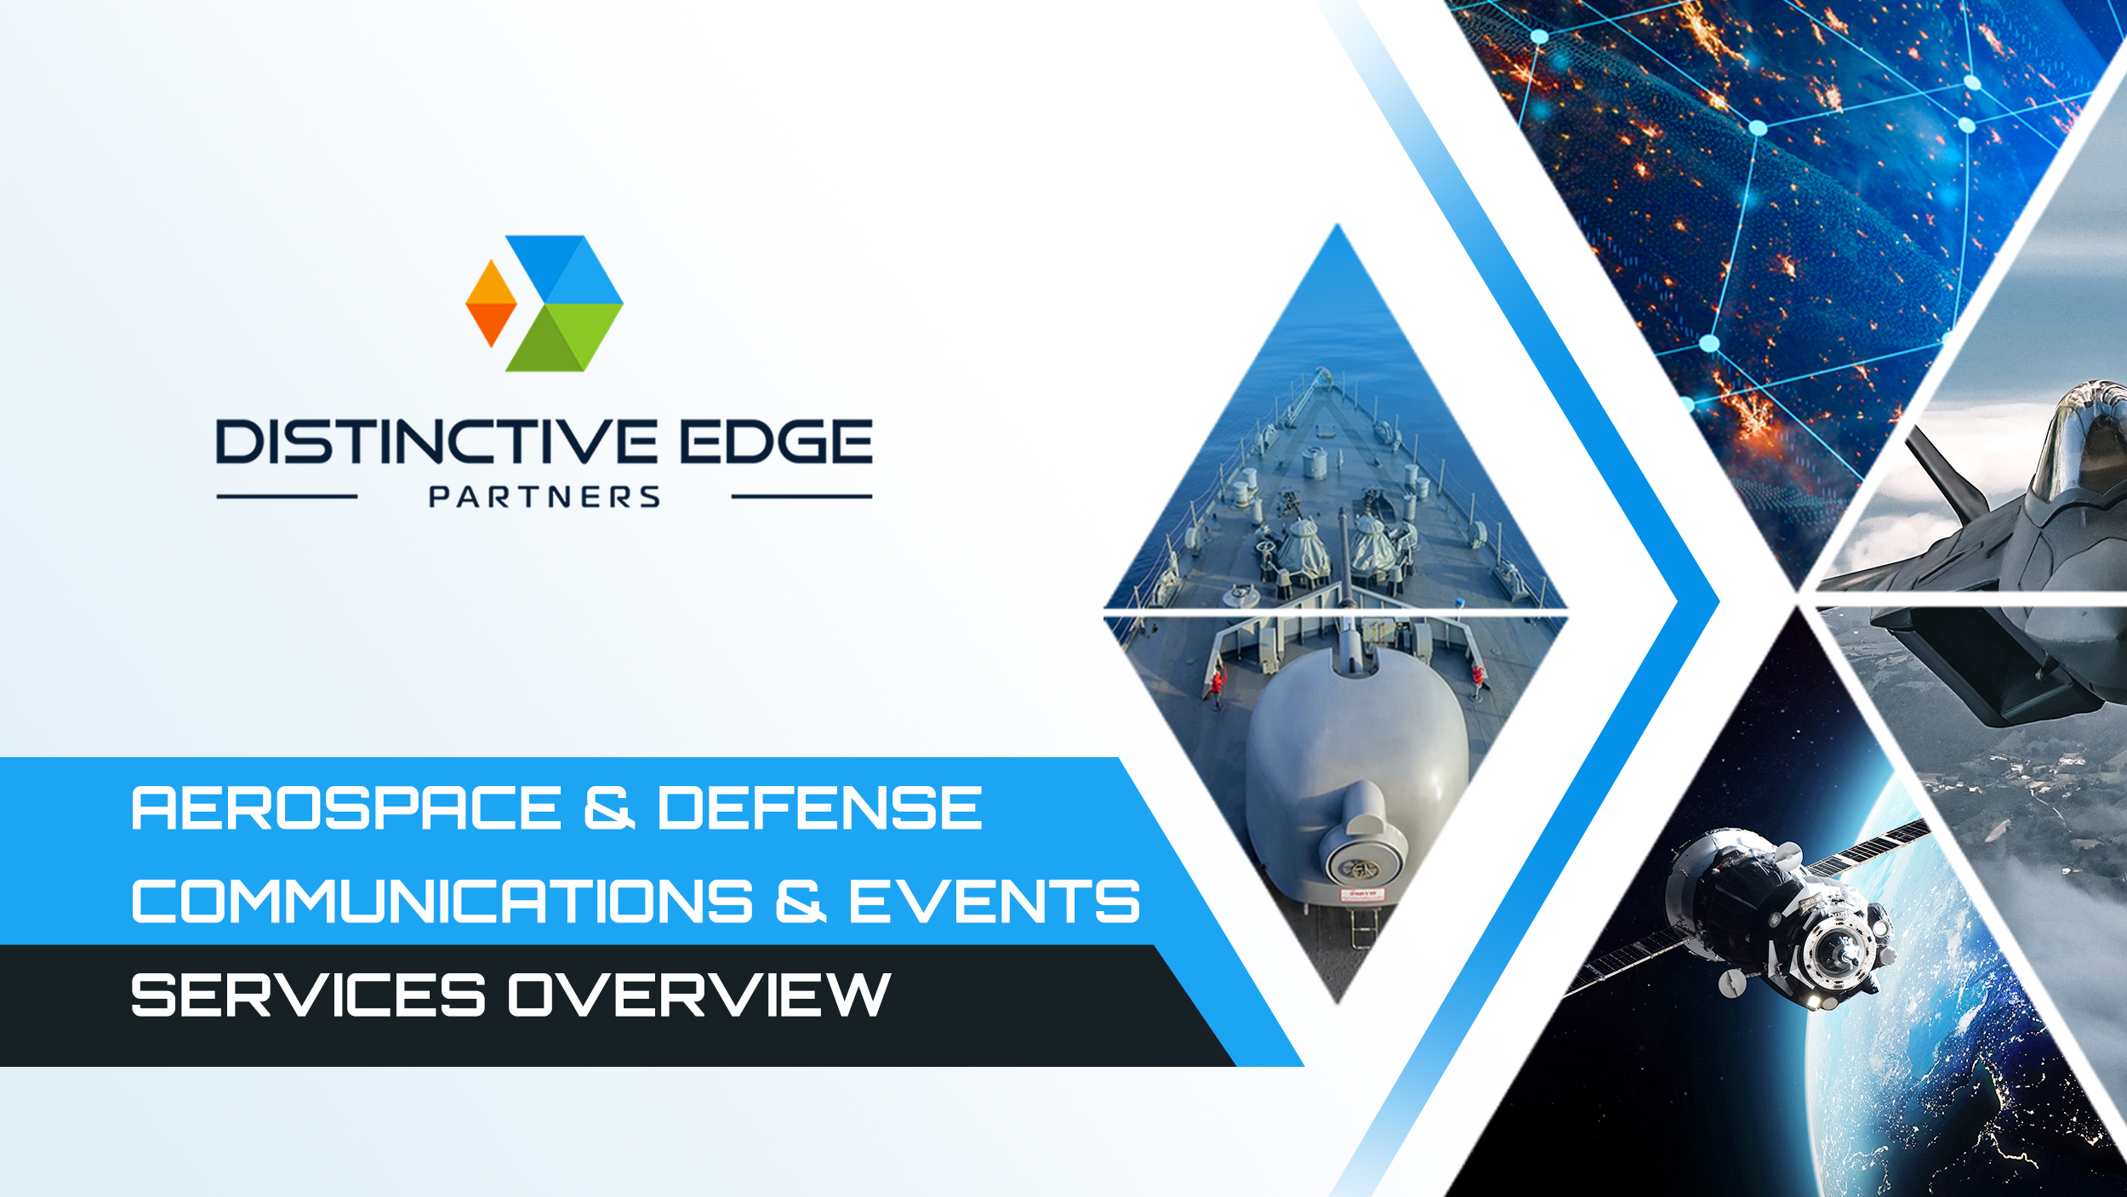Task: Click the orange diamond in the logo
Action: tap(491, 303)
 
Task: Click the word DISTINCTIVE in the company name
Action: tap(436, 442)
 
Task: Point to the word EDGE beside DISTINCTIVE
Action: tap(777, 442)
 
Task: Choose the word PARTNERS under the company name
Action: tap(545, 497)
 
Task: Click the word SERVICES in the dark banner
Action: tap(308, 995)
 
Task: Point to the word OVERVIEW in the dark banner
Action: tap(699, 995)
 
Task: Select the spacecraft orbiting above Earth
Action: tap(1778, 919)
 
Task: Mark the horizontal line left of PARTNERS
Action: tap(287, 497)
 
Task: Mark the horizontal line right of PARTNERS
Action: tap(801, 497)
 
